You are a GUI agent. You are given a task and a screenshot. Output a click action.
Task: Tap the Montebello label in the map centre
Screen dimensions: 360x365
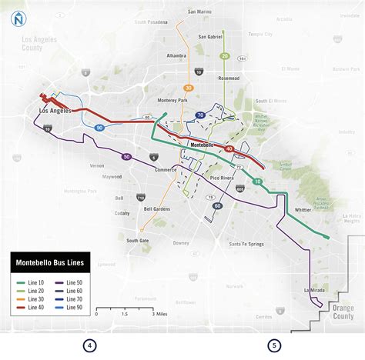click(203, 144)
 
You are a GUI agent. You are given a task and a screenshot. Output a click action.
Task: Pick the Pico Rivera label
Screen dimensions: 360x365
click(223, 178)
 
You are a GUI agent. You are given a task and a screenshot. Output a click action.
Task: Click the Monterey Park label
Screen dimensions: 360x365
click(172, 101)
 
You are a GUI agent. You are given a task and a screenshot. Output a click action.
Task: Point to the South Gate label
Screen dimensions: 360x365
click(138, 240)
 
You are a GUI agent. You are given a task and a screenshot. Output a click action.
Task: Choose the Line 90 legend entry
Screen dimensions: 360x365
click(74, 307)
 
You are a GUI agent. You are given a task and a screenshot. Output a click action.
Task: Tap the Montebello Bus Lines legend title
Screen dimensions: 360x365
click(50, 263)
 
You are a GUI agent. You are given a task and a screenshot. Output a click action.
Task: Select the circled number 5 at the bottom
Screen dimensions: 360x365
click(274, 345)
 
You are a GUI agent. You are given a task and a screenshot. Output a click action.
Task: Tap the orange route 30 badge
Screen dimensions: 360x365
click(189, 88)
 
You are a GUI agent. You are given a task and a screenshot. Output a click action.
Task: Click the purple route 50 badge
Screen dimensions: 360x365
click(126, 157)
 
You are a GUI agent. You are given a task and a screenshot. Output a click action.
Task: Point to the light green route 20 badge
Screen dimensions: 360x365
click(225, 56)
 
